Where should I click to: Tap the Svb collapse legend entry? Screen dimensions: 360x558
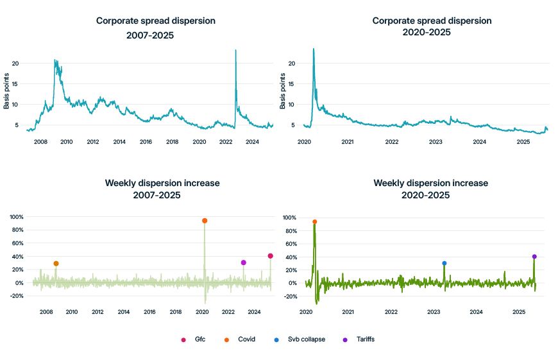(301, 339)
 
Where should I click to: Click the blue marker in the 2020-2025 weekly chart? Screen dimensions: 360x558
(444, 263)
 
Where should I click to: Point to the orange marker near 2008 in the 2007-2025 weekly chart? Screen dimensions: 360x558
(56, 264)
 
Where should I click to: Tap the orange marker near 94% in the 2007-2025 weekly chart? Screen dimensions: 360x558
(205, 221)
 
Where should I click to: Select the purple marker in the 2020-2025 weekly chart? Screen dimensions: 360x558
(534, 257)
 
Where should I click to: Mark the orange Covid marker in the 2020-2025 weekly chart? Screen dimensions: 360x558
(314, 221)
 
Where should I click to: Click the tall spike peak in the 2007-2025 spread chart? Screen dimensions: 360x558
(236, 50)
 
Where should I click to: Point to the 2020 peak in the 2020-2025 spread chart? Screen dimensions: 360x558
(313, 49)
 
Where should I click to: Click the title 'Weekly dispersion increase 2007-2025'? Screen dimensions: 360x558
(162, 189)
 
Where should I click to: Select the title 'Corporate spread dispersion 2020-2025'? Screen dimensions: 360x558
(432, 26)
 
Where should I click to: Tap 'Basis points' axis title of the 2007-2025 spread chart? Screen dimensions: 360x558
(6, 91)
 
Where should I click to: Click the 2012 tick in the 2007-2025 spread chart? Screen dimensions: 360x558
(92, 141)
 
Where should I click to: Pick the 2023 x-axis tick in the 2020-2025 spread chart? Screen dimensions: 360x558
(435, 141)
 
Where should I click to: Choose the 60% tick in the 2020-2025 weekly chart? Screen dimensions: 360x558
(289, 244)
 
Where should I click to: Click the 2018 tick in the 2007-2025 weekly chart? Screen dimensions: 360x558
(176, 312)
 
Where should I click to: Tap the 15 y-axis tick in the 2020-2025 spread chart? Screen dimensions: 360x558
(292, 83)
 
